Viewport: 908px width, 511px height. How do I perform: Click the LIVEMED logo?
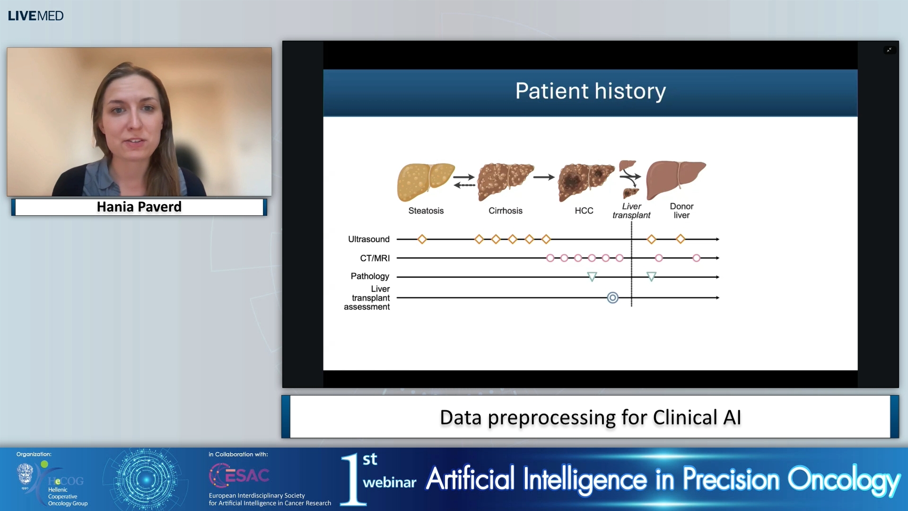(35, 16)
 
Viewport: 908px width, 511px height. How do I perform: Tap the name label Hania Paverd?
(139, 207)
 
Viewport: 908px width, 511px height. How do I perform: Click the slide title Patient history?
(590, 91)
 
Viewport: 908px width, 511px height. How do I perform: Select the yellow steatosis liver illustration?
(425, 181)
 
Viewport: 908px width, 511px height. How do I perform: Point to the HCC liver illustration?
(585, 182)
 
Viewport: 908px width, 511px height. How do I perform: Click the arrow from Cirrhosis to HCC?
(543, 177)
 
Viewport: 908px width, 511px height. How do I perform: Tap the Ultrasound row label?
(368, 239)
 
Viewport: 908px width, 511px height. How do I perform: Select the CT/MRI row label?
(375, 258)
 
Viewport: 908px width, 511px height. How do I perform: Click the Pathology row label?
(369, 276)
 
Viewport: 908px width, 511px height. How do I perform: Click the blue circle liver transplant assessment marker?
(612, 298)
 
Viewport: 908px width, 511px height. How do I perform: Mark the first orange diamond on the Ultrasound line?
(422, 239)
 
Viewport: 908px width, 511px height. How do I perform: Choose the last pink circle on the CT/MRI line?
(696, 258)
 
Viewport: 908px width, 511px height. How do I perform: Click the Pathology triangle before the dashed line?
(592, 276)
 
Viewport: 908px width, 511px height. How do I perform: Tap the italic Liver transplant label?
(631, 211)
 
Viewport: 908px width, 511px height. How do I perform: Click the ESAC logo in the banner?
(239, 475)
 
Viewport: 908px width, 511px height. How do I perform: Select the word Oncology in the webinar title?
(843, 480)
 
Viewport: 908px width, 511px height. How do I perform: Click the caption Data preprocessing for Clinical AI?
(590, 417)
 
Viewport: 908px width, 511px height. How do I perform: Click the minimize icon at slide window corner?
(889, 50)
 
